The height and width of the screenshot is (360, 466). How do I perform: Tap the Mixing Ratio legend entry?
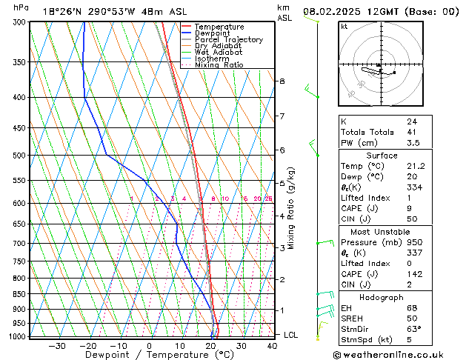[223, 65]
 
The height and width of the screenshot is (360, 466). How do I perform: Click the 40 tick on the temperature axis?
[273, 346]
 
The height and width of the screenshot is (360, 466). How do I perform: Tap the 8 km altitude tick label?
[282, 81]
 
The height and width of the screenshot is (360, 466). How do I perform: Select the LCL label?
[291, 336]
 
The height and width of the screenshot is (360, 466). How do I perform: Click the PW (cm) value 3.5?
[413, 143]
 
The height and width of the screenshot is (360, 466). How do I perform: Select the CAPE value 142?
[414, 274]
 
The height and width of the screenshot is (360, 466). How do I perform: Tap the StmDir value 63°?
[414, 329]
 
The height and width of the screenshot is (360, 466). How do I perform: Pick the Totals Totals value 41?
[411, 132]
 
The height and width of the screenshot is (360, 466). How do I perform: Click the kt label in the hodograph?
[344, 27]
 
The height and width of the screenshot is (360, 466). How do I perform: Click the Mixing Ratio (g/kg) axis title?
[292, 208]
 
